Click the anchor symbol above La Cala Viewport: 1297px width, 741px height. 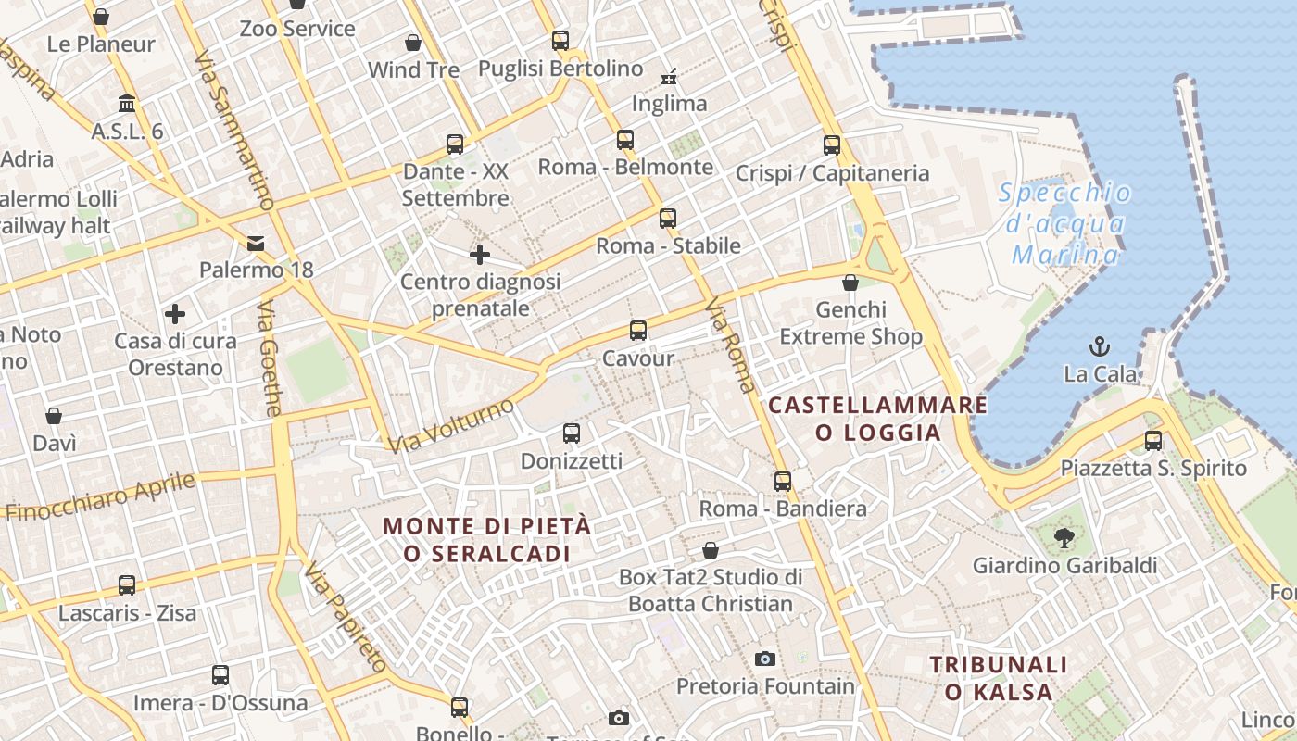click(1099, 347)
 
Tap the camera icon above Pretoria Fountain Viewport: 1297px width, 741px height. click(765, 659)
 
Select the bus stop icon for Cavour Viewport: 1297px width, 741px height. click(637, 331)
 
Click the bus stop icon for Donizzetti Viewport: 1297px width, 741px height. click(572, 433)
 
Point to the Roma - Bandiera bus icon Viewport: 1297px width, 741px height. click(783, 482)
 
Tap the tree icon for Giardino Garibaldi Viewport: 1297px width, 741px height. click(1064, 537)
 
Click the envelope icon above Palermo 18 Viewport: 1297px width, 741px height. click(256, 244)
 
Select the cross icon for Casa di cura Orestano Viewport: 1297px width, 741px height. click(175, 314)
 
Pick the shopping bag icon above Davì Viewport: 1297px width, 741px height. click(54, 416)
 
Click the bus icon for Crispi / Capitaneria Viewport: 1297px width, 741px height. click(832, 145)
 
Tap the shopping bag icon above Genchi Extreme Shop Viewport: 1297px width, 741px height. click(850, 283)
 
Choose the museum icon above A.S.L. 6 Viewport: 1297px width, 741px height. click(127, 104)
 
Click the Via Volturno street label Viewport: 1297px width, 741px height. click(450, 426)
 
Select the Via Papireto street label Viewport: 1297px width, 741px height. click(345, 616)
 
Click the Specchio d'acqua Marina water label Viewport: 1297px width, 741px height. click(1065, 223)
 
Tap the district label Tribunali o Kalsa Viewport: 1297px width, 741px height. click(999, 678)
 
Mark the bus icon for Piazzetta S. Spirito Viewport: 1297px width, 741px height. click(1153, 441)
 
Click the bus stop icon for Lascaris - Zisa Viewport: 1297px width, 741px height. click(127, 585)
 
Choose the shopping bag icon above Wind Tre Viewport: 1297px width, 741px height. click(413, 43)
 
